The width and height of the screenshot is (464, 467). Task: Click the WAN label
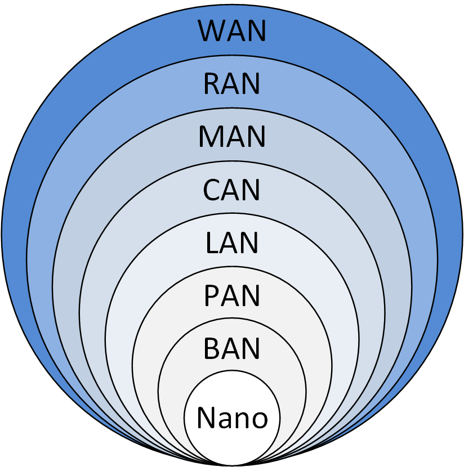(x=231, y=31)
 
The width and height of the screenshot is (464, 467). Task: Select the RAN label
(x=231, y=84)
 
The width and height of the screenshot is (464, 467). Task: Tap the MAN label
(x=231, y=136)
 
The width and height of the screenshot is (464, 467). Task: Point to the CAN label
(x=231, y=190)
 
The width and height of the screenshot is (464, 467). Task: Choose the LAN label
(x=231, y=243)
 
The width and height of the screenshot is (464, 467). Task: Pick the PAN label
(x=231, y=295)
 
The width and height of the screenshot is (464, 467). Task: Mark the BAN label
(x=231, y=348)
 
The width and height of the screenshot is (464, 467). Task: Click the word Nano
(x=233, y=417)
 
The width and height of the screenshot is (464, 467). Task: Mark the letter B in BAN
(x=212, y=348)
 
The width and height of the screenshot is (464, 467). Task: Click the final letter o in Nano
(x=260, y=420)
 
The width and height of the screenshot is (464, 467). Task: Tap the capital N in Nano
(x=206, y=417)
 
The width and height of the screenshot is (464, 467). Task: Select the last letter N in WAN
(x=256, y=31)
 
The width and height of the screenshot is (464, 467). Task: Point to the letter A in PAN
(x=230, y=295)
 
